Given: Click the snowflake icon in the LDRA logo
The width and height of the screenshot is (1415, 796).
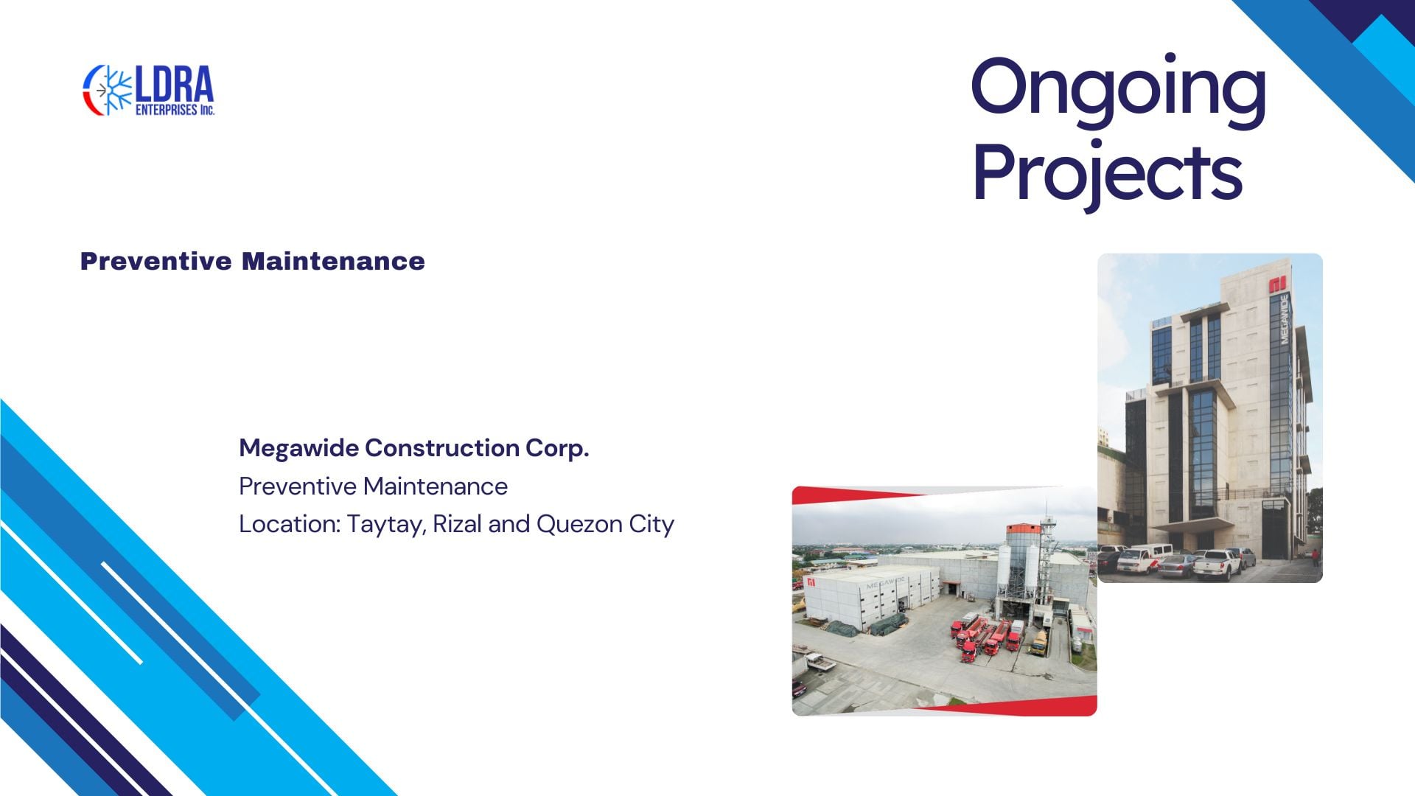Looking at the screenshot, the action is click(x=114, y=91).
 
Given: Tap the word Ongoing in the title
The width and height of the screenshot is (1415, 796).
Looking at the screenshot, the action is click(x=1118, y=91).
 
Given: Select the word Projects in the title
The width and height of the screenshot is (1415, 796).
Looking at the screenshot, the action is click(x=1107, y=174).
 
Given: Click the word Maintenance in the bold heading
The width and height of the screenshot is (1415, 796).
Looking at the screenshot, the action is click(x=333, y=261).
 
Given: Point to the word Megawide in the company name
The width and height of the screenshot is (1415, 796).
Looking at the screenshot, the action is click(x=298, y=448).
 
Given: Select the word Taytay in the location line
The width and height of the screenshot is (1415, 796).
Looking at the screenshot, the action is click(x=386, y=525).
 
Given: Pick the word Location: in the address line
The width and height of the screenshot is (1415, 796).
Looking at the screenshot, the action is click(x=290, y=524).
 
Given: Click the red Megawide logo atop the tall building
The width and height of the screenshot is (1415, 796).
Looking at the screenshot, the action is click(x=1277, y=284).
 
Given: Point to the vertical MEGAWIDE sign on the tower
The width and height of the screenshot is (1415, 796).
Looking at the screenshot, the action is click(x=1285, y=319).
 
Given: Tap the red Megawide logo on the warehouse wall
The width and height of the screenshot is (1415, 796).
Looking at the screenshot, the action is click(x=811, y=582).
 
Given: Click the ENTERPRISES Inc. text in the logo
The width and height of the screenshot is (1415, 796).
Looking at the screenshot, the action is click(x=175, y=110).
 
